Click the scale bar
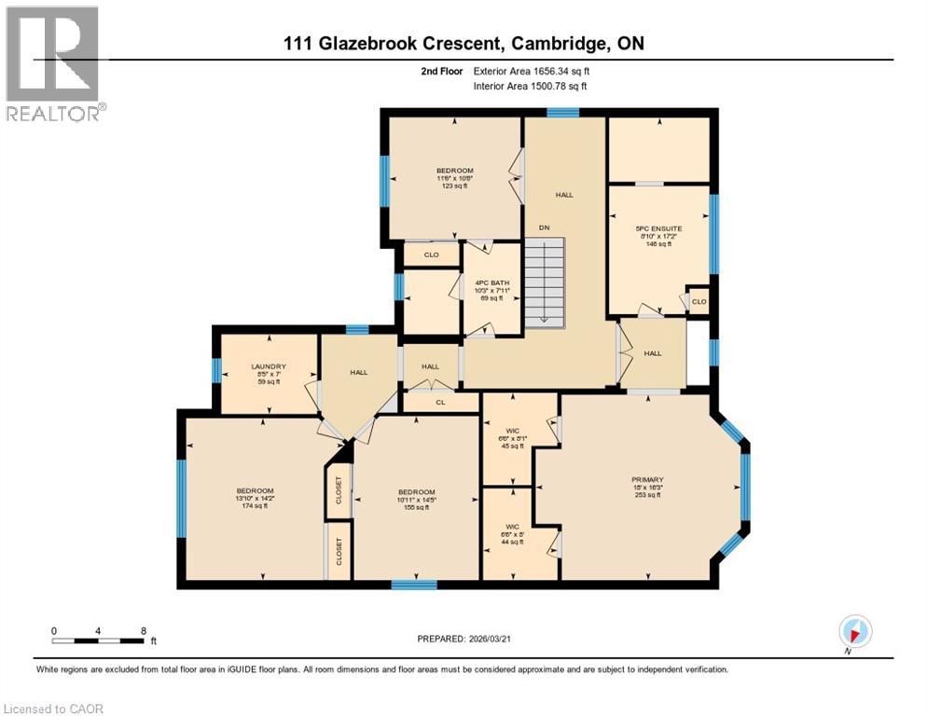point(98,640)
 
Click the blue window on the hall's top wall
point(562,113)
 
